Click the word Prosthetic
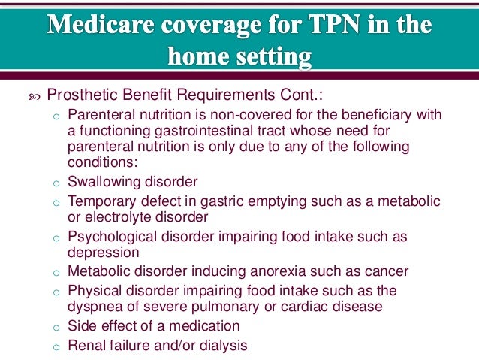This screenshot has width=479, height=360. tap(80, 95)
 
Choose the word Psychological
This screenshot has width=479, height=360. tap(109, 236)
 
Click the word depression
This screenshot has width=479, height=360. tap(103, 253)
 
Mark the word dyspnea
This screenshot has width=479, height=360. tap(95, 306)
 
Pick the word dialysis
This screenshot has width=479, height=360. tap(219, 345)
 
